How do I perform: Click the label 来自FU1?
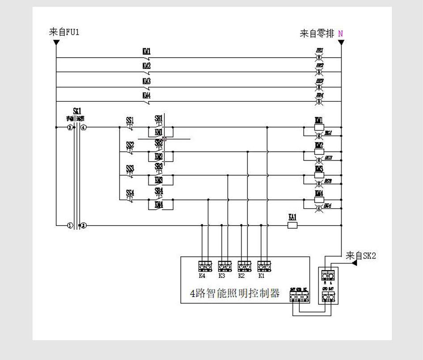[x=64, y=32]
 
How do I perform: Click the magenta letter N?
[x=340, y=33]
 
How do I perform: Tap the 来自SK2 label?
[x=361, y=255]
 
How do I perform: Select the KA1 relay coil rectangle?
[x=293, y=226]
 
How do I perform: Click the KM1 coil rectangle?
[x=318, y=127]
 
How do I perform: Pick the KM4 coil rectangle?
[x=318, y=200]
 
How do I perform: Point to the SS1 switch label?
[x=130, y=120]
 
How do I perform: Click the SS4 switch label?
[x=130, y=193]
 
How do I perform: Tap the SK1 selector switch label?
[x=77, y=111]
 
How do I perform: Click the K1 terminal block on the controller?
[x=263, y=267]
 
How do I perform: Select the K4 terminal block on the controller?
[x=204, y=267]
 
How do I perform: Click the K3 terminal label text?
[x=222, y=276]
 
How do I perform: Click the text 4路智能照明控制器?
[x=235, y=293]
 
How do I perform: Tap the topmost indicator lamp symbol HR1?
[x=319, y=58]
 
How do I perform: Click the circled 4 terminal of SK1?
[x=84, y=127]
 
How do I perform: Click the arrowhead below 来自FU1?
[x=56, y=42]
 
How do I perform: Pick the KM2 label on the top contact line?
[x=147, y=66]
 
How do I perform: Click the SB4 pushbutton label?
[x=159, y=191]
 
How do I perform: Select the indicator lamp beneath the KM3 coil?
[x=318, y=184]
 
